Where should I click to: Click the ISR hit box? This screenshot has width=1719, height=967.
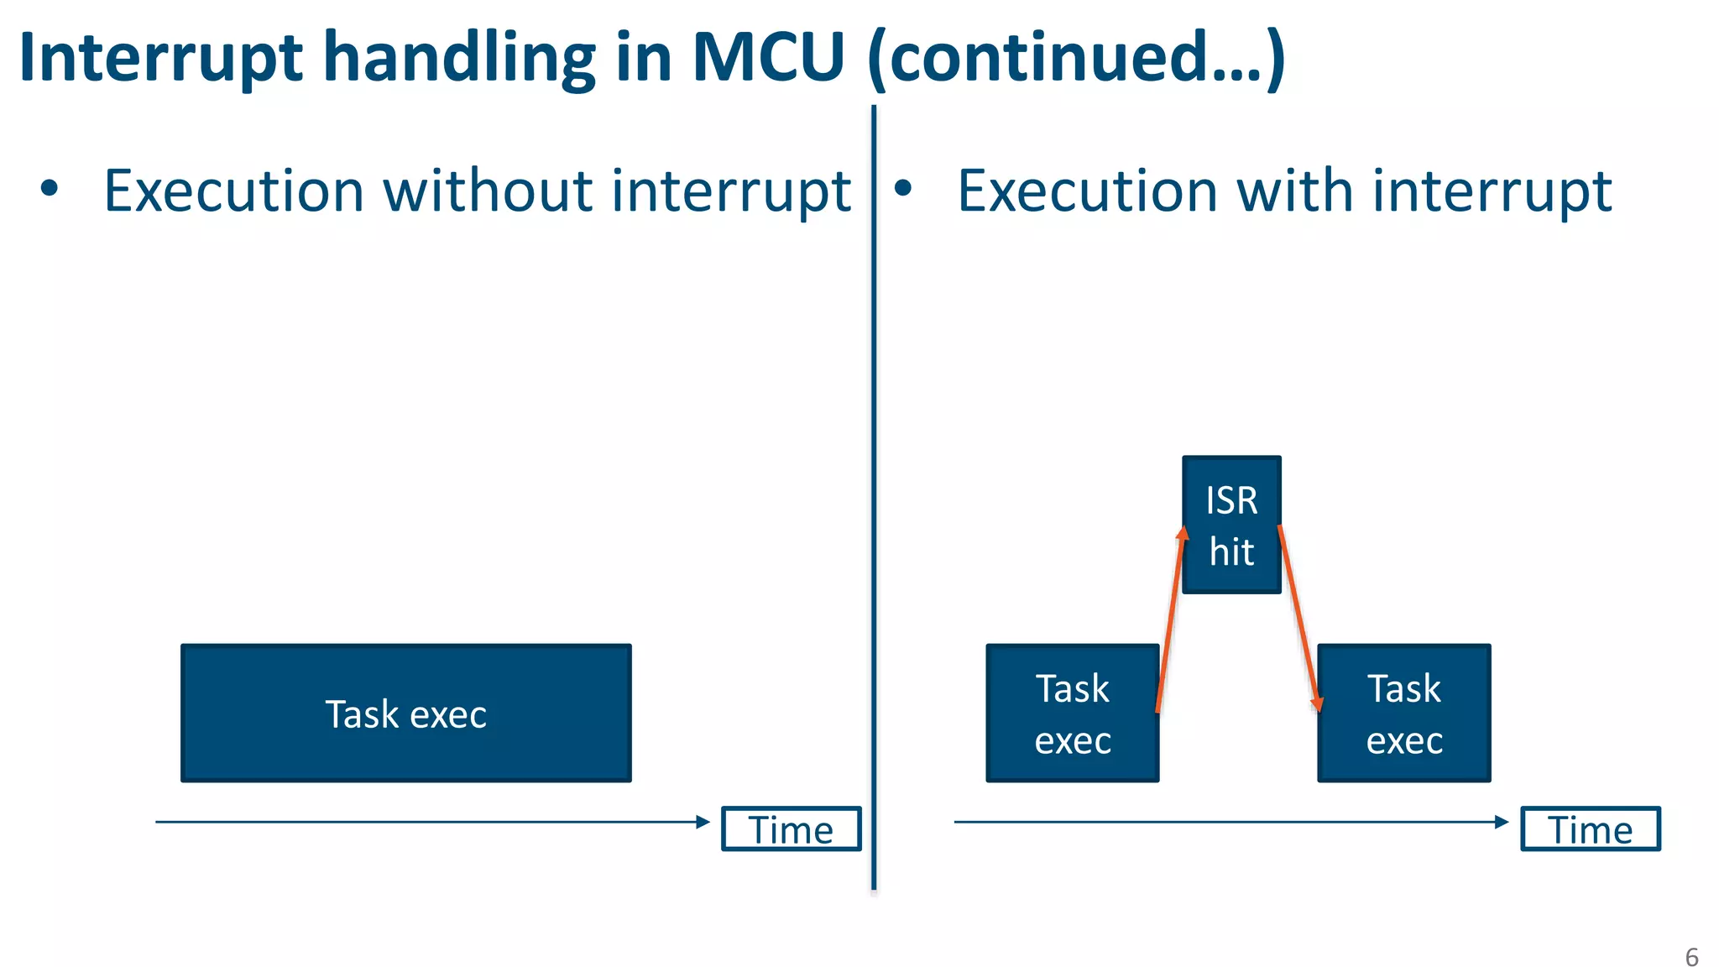[1231, 525]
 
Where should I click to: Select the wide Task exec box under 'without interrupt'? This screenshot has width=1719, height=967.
[405, 713]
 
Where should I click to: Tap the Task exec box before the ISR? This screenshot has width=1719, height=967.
[1072, 713]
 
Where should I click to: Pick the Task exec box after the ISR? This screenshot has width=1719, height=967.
[1403, 713]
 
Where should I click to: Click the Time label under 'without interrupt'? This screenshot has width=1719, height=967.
[791, 829]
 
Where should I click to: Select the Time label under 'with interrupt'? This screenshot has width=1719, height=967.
[1590, 829]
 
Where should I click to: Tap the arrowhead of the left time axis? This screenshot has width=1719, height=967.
[703, 822]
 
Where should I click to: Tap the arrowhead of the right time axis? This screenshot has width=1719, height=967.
[1502, 822]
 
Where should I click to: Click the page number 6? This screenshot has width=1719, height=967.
[1691, 957]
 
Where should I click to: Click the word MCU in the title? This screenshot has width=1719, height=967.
[767, 57]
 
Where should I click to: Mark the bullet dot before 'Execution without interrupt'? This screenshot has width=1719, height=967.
[50, 188]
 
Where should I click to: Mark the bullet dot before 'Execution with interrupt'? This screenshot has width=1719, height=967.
[902, 188]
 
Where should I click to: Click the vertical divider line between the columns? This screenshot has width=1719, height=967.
[874, 504]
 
